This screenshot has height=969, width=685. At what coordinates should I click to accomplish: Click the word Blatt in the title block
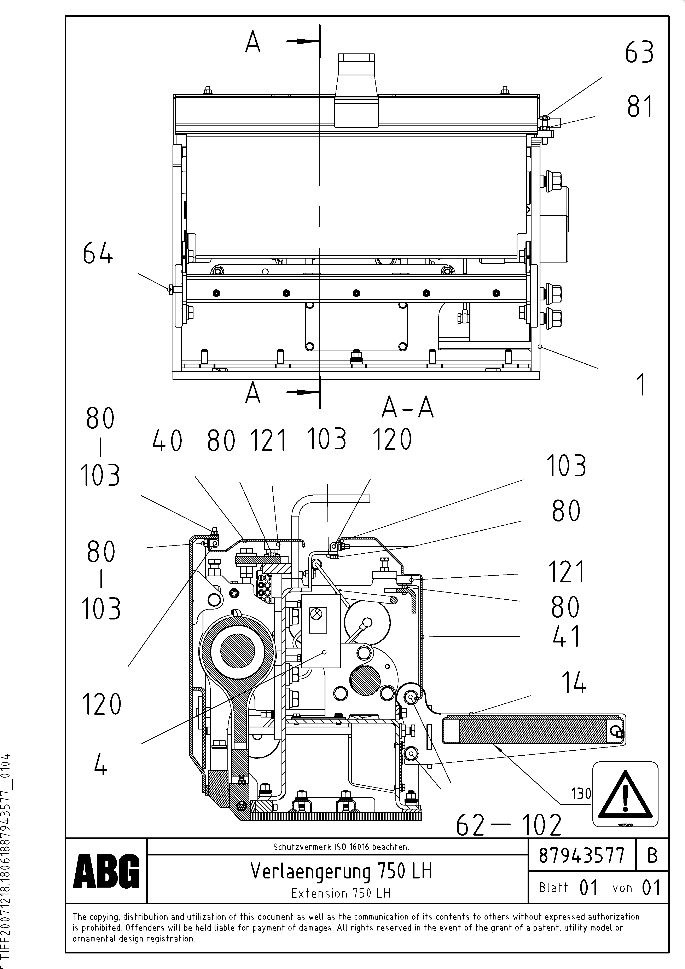[553, 888]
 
